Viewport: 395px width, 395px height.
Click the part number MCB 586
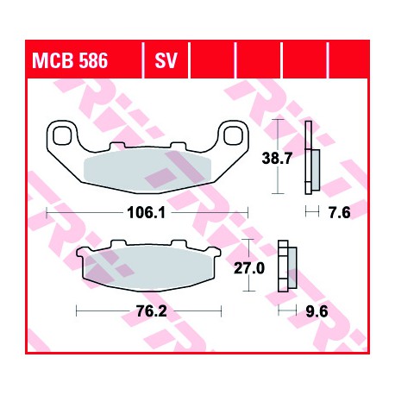point(70,60)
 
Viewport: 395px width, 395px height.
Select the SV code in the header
point(166,60)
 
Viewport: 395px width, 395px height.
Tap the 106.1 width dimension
point(147,213)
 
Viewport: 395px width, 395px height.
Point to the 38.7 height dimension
point(277,158)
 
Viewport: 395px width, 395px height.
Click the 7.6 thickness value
point(340,213)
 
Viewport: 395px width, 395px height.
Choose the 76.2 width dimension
point(151,311)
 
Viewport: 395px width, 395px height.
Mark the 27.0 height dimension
point(249,268)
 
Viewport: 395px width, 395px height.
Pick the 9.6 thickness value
point(317,311)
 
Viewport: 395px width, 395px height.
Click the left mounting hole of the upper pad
point(62,135)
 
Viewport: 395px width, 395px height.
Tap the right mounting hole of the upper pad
point(233,135)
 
